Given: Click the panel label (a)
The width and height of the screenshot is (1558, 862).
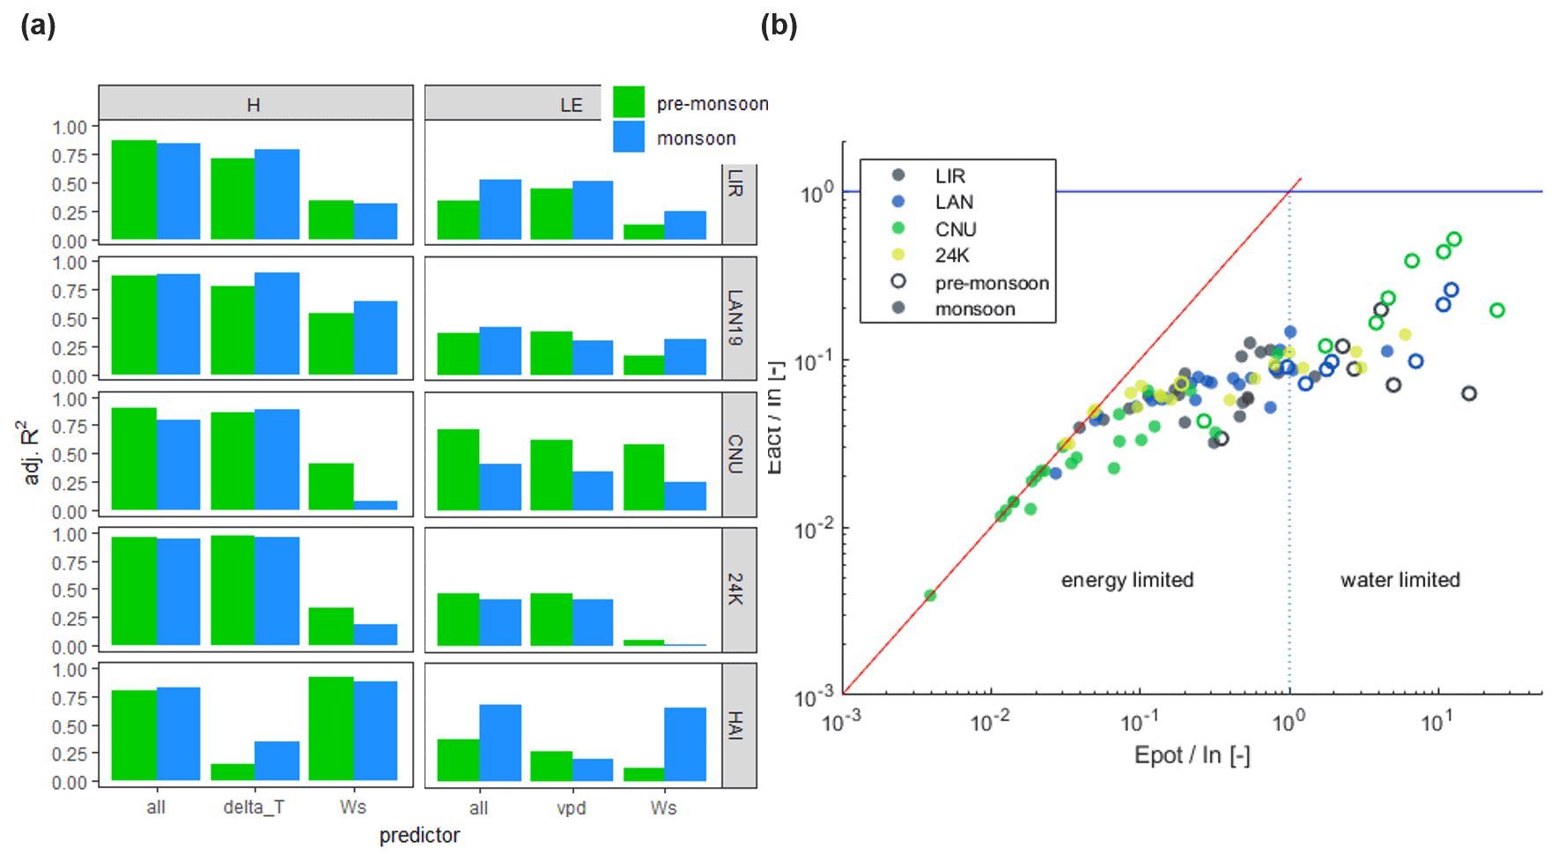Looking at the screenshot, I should coord(38,26).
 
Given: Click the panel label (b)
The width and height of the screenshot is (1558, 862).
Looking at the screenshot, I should coord(779,26).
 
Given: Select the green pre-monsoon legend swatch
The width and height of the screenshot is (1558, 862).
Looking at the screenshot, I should coord(629,102).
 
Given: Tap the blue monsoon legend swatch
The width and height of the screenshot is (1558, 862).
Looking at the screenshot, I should coord(629,137).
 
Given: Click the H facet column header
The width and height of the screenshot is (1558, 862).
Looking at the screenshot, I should coord(254,105).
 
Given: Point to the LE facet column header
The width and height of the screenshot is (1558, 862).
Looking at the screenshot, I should coord(571,105).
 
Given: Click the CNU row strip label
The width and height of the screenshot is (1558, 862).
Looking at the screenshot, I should coord(736,454).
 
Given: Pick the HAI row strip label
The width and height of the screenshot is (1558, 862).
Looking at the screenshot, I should coord(736,725).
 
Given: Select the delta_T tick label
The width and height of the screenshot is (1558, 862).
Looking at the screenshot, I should coord(254,806).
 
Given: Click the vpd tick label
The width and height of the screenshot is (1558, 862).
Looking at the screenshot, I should coord(571,807).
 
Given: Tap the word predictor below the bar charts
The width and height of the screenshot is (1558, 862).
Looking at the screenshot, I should coord(419,836).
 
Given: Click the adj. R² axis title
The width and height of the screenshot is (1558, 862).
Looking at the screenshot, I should coord(31,451).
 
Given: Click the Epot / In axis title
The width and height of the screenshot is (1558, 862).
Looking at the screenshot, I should coord(1192,755).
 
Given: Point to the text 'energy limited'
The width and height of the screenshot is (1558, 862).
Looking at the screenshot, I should coord(1127,580).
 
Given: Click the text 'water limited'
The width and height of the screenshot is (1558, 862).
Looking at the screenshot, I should coord(1400,580).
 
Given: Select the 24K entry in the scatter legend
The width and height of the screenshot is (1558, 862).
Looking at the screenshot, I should coord(951,256).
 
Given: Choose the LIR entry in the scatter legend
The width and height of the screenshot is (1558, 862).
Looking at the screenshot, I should coord(949,176).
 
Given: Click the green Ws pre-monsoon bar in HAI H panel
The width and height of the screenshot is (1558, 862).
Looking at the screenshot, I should coord(331,728).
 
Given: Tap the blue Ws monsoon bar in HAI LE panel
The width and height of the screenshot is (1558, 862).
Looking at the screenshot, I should coord(685,744).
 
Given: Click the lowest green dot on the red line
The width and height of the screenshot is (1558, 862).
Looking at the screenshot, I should coord(930,596).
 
